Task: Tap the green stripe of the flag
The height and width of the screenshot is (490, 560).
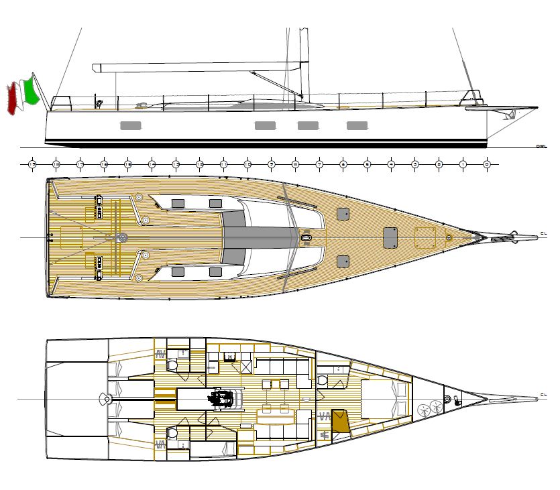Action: point(30,92)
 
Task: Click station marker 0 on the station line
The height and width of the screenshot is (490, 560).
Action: point(487,164)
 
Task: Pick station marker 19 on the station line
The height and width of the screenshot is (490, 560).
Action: point(32,164)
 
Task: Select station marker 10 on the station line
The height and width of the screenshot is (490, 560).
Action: point(247,164)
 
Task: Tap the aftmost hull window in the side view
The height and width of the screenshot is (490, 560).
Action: point(131,125)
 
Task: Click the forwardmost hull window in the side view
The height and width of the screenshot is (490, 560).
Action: point(357,125)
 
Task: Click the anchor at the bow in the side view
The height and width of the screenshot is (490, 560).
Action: point(510,115)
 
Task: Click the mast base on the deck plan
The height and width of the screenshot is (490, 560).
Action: point(307,237)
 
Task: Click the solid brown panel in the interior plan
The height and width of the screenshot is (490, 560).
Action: point(341,420)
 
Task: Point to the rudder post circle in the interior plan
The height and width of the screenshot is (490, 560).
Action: point(105,399)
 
